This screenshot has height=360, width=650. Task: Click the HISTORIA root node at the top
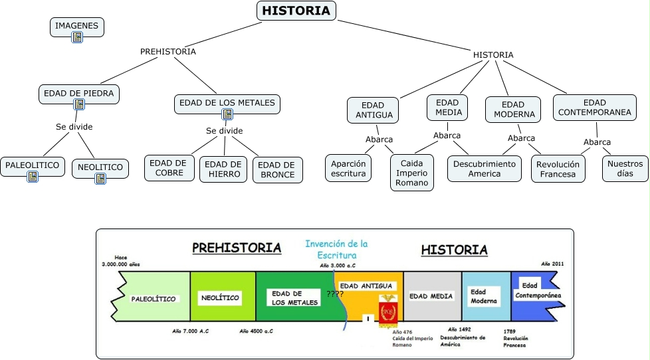(x=296, y=11)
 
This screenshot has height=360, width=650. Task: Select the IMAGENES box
(x=77, y=27)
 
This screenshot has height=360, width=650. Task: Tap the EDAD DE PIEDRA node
(x=78, y=94)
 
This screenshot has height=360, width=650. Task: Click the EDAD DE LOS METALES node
(x=227, y=104)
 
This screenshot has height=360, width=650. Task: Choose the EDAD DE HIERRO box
(x=223, y=168)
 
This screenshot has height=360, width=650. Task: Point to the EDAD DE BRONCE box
(x=278, y=170)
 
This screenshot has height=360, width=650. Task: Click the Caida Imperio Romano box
(x=412, y=173)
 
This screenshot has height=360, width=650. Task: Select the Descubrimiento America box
(x=484, y=169)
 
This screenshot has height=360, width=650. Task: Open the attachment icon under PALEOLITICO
(x=33, y=177)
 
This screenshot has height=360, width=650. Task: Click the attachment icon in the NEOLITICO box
(x=100, y=179)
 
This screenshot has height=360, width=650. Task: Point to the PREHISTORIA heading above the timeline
(x=237, y=248)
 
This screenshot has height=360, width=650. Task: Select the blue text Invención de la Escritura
(x=336, y=249)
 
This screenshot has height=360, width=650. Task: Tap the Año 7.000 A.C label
(x=191, y=330)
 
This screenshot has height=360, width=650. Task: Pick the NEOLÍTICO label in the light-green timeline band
(x=220, y=298)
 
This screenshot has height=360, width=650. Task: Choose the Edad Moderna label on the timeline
(x=484, y=296)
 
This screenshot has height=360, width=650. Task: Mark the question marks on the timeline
(x=334, y=294)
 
